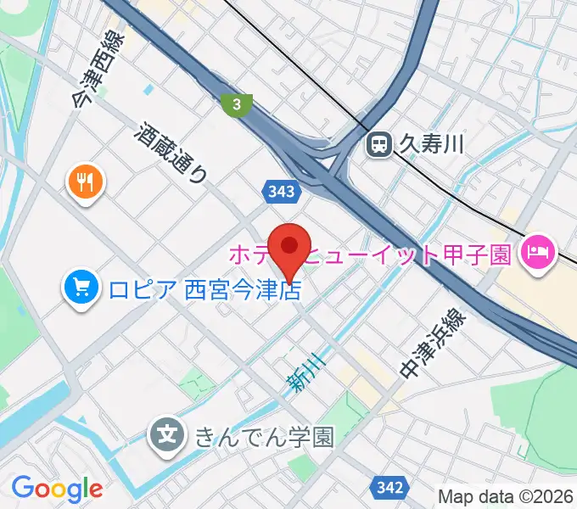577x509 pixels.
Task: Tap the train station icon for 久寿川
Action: coord(378,145)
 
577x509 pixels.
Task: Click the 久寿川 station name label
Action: coord(432,145)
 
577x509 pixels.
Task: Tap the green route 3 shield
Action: coord(237,104)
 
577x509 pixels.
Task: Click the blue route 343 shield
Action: coord(280,193)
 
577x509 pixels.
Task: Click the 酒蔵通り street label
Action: coord(172,153)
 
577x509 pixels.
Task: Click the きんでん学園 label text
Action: coord(264,437)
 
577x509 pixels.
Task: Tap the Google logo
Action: coord(57,489)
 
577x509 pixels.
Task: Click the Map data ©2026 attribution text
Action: coord(505,496)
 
